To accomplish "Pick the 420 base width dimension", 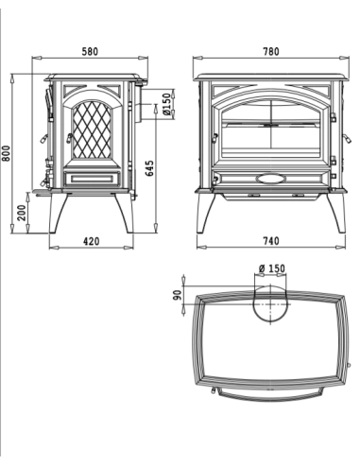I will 92,242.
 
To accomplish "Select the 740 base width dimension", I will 267,242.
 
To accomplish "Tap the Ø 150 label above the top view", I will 270,269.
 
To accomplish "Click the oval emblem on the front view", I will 270,178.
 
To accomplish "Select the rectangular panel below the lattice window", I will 91,178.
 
